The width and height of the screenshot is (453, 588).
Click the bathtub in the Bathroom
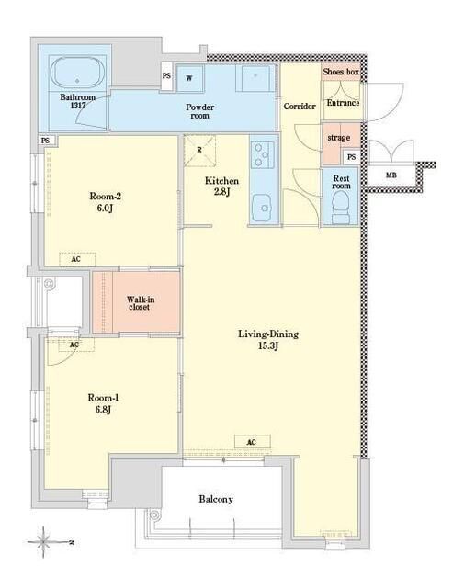(77, 73)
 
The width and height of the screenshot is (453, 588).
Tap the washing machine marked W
(189, 78)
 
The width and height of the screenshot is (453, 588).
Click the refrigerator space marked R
(199, 150)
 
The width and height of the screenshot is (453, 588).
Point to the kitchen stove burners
(261, 154)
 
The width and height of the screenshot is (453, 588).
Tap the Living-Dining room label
(268, 339)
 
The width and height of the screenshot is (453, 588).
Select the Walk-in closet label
(140, 303)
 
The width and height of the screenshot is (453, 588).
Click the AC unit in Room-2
(77, 259)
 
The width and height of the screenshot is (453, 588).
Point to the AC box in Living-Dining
(252, 442)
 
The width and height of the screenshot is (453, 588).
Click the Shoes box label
(341, 72)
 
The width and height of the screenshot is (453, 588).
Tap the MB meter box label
(391, 175)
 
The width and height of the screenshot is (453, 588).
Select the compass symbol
(44, 542)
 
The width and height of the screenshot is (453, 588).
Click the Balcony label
(216, 499)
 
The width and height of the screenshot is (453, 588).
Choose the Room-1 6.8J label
(103, 403)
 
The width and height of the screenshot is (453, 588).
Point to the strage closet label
(339, 138)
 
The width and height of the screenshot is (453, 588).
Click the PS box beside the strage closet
(351, 157)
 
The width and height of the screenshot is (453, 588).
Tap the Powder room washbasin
(255, 77)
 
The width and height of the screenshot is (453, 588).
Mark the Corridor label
(300, 107)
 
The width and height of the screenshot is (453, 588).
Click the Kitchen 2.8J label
(222, 186)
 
